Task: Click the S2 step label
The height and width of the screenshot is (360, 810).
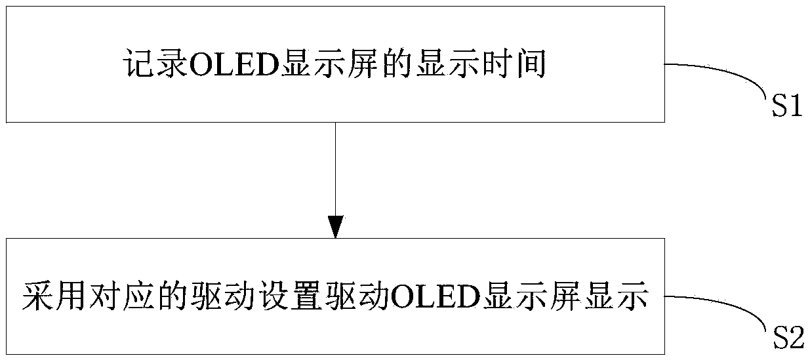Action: click(786, 338)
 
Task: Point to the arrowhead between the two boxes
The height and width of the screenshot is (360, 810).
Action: click(335, 227)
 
